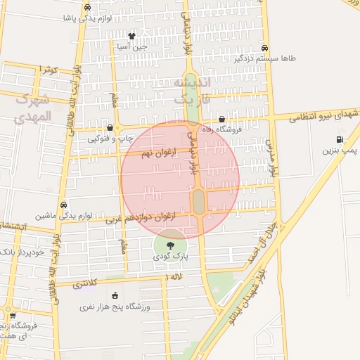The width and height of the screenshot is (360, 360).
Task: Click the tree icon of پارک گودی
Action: coord(171,245)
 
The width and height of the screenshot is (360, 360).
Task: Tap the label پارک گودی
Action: coord(172,257)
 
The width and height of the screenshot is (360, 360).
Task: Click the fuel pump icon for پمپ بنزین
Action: coord(340,140)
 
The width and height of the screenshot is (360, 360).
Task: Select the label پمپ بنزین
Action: coord(340,150)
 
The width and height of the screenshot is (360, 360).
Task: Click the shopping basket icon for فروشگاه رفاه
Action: coord(222,120)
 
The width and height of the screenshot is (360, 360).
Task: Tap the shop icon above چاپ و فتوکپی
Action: coord(110,128)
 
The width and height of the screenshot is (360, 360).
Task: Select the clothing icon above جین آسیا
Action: coord(131,36)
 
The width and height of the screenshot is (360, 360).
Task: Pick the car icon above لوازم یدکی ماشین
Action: coord(63,205)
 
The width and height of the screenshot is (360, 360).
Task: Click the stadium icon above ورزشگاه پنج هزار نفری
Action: coord(115,295)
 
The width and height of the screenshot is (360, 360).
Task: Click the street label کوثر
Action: coord(48,70)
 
